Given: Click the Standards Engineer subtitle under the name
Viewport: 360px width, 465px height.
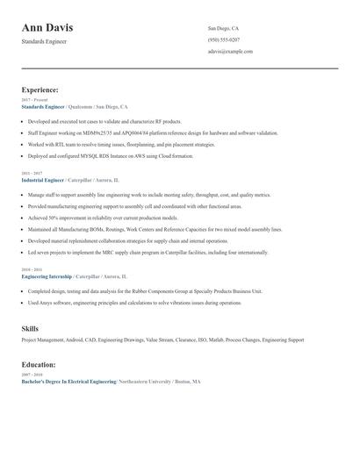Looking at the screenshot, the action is point(44,41).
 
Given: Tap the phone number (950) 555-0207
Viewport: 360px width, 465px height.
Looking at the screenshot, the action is point(224,39).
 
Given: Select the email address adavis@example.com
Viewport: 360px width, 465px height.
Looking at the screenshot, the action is point(230,51).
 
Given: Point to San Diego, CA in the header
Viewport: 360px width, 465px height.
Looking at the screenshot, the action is point(223,28).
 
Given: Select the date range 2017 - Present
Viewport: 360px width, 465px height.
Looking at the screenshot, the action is point(31,100).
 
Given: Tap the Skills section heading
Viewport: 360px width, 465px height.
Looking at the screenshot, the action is point(30,329).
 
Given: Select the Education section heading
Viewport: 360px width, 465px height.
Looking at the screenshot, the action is point(38,364).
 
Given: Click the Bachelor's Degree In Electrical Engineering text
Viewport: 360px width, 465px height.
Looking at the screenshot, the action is point(68,382).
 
